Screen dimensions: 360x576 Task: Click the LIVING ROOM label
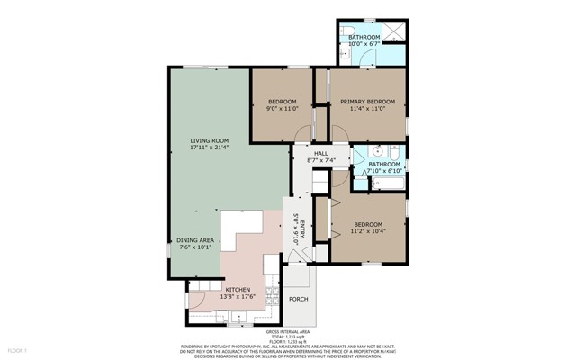[208, 139]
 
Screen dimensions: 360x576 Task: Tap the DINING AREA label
[194, 239]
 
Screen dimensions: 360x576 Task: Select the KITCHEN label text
[225, 289]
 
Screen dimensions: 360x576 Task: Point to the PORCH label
[298, 299]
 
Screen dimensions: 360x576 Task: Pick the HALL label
[320, 154]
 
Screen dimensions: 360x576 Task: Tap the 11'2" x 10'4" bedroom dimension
[367, 231]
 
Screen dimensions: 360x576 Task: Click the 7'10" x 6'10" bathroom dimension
[382, 170]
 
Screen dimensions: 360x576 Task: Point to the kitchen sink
[238, 315]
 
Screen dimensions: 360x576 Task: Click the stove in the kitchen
[271, 289]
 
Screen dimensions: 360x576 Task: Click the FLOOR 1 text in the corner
[18, 349]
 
